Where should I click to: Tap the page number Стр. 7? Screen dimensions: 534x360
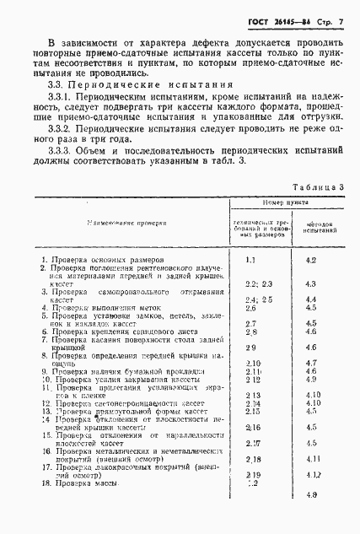(330, 19)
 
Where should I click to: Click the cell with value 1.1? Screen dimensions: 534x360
(250, 261)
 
